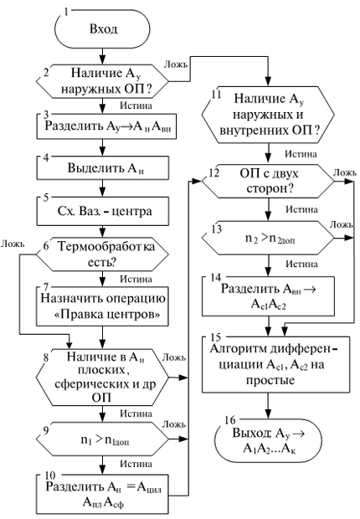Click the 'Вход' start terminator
tap(103, 31)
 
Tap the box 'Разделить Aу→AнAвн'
tap(103, 128)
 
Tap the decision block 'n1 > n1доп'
tap(103, 436)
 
